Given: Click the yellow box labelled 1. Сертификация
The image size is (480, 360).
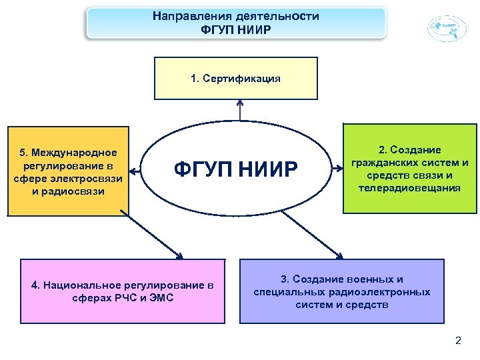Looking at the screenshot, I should point(235,78).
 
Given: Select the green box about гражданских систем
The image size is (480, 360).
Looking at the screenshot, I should point(409,169).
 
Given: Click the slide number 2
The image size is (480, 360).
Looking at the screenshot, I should point(457,341).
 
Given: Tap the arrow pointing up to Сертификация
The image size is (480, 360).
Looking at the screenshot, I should point(240,109).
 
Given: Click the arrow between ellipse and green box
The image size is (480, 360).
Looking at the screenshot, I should point(337,169).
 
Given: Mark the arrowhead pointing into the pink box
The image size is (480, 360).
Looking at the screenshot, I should point(178,254).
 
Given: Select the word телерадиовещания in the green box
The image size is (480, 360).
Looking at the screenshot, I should point(409,187).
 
